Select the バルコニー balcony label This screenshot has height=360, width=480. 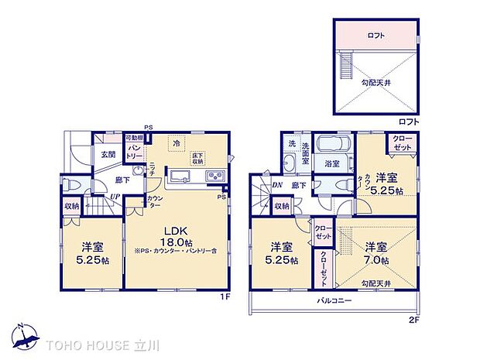click(x=334, y=299)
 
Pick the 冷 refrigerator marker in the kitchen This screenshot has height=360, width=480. click(x=177, y=143)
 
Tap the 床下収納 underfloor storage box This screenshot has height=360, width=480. click(x=197, y=156)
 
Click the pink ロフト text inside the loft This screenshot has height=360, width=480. click(x=377, y=36)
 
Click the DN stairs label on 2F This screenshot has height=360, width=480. click(x=276, y=185)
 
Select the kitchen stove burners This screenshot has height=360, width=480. click(x=214, y=177)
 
